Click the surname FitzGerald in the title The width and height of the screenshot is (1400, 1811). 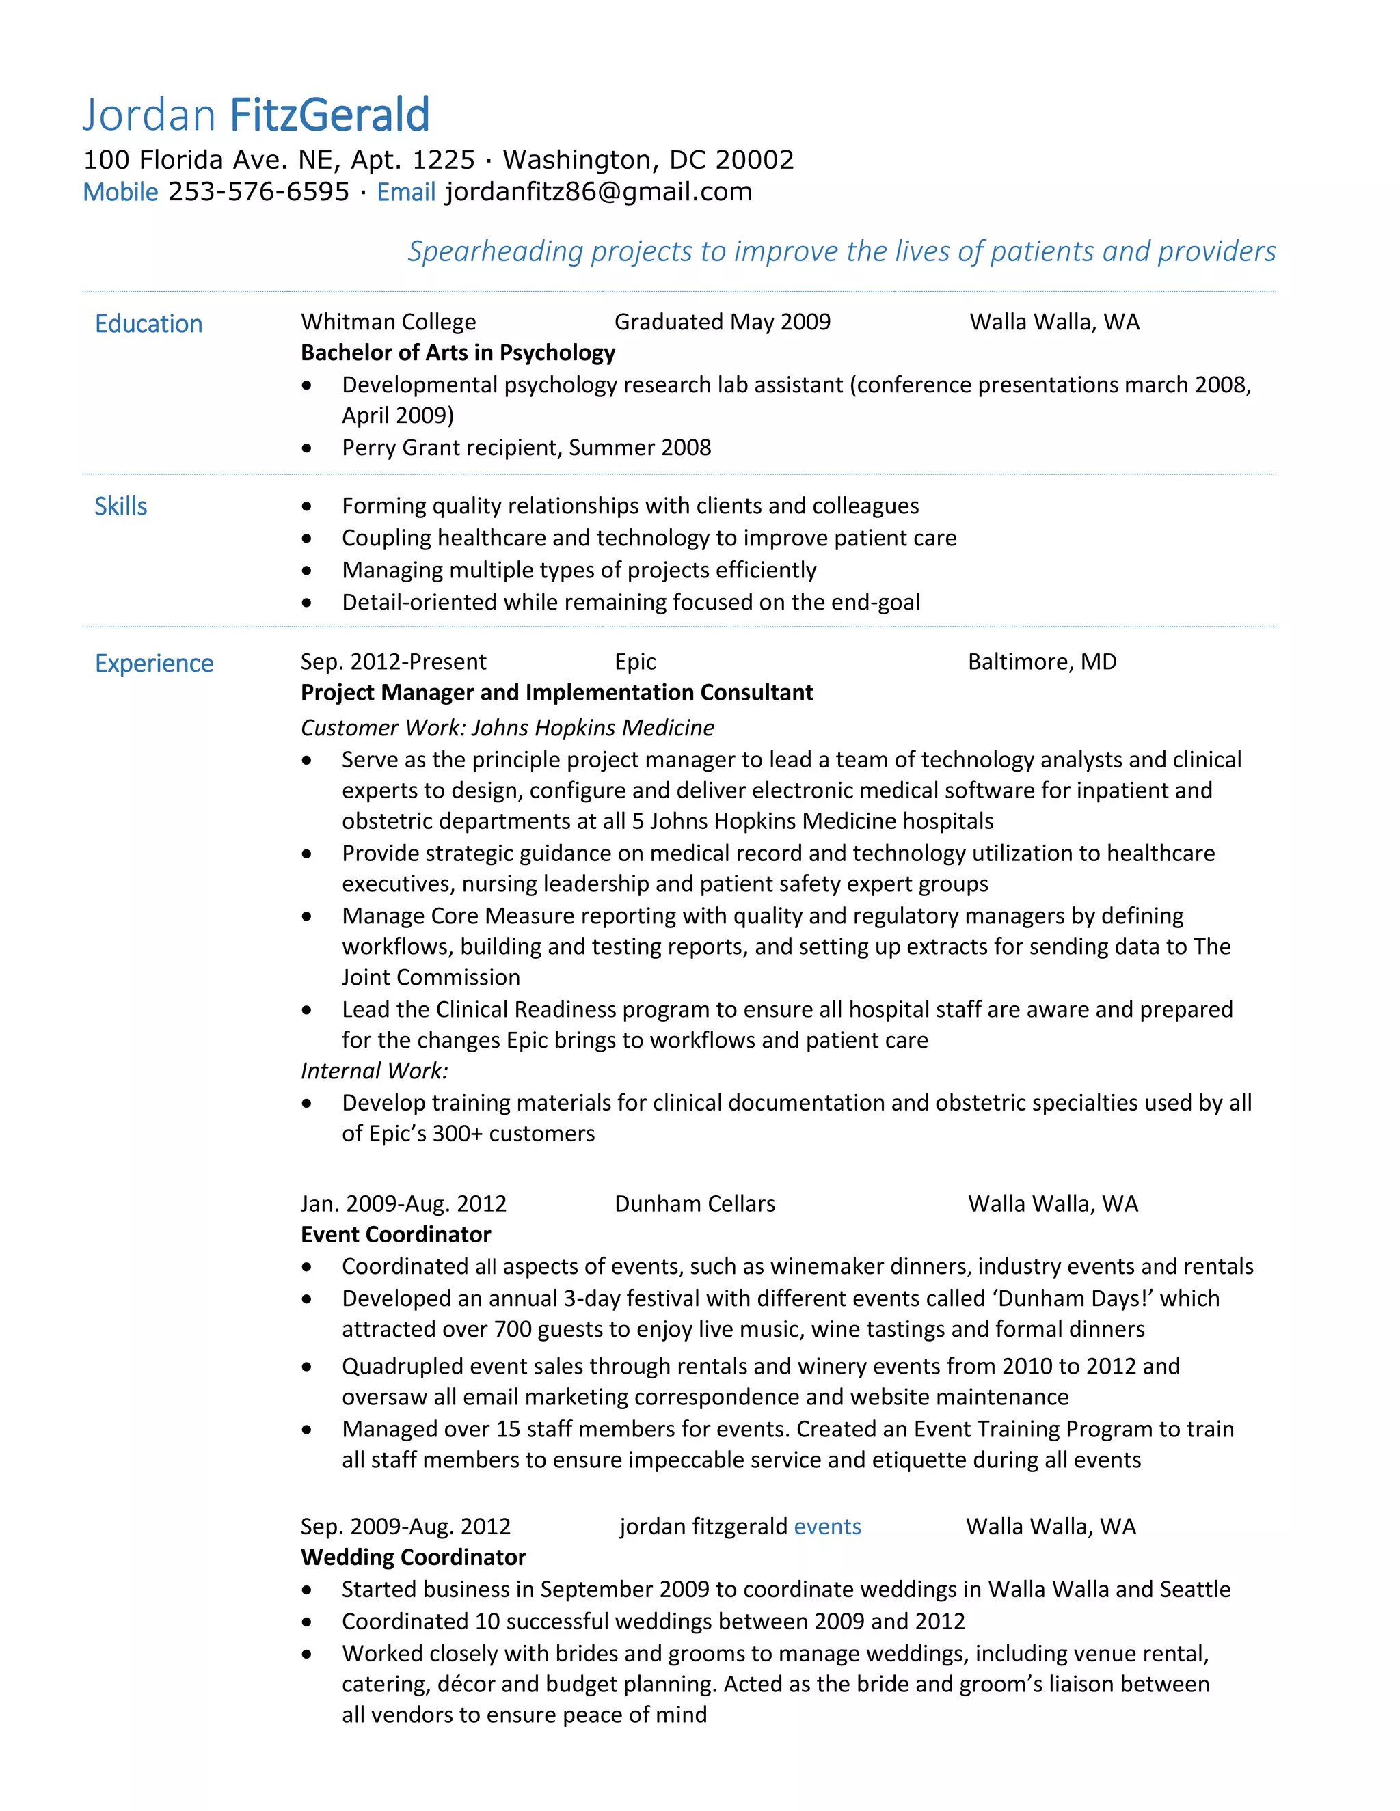point(329,115)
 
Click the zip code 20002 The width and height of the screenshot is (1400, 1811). point(755,159)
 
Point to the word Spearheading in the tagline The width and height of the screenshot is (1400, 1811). point(495,251)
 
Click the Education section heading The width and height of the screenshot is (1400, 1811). point(148,323)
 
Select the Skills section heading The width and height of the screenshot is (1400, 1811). point(120,506)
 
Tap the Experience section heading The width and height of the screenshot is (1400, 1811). point(154,664)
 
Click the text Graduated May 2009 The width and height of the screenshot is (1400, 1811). point(723,322)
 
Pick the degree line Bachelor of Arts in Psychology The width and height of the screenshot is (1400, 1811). point(458,353)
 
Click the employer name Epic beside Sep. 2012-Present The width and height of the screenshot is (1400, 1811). point(635,662)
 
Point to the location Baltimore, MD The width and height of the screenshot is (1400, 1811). point(1042,662)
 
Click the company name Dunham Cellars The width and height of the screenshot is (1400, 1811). point(695,1203)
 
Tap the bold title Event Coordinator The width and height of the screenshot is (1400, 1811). point(396,1235)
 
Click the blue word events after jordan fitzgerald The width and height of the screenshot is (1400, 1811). point(827,1527)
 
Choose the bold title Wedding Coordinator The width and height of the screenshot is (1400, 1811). point(413,1557)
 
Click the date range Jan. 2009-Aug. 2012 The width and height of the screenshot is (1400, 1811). point(403,1203)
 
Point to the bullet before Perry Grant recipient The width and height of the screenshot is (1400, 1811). point(307,448)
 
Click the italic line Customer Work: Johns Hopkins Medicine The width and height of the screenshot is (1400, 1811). point(507,727)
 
